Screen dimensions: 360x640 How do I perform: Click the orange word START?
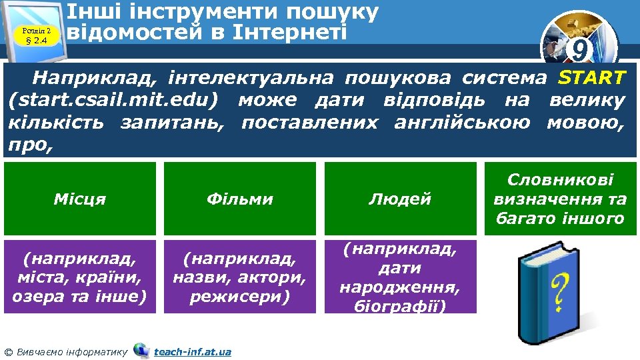(591, 78)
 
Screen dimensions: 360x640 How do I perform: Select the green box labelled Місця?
(79, 199)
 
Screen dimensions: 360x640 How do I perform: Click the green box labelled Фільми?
(240, 199)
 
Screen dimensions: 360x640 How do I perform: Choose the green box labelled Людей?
(400, 199)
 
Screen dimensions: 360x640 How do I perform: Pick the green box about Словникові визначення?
(560, 199)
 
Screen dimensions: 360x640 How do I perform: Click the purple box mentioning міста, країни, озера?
(79, 276)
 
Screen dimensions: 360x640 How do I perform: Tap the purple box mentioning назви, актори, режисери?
(240, 276)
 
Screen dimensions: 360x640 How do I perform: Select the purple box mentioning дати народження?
(400, 276)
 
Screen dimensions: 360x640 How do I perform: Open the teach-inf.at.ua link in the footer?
(193, 351)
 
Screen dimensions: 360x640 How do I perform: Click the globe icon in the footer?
(141, 350)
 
